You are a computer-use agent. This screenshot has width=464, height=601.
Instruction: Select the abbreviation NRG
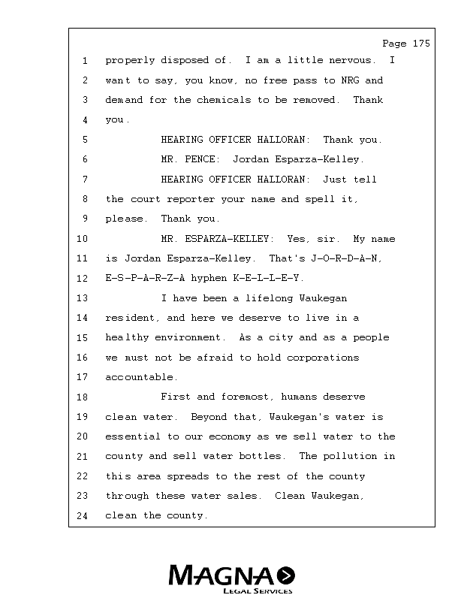pos(351,80)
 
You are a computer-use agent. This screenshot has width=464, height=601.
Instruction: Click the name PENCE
pos(201,159)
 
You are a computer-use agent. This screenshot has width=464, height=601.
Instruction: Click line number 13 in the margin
pos(85,298)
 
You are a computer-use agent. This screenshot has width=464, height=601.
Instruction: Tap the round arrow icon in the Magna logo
pos(285,575)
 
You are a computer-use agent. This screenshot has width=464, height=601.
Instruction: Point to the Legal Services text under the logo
pos(258,591)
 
